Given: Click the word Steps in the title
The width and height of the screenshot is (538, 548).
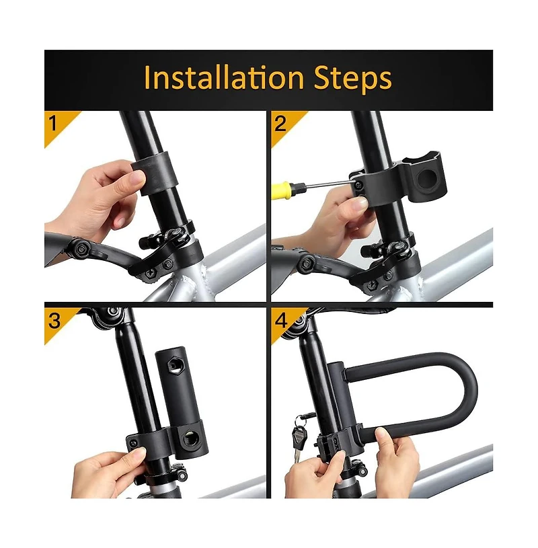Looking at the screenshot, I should (x=353, y=79).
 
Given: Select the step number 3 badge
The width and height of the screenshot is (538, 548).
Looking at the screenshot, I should (x=54, y=320).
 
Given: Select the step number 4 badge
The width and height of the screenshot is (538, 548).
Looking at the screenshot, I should (x=280, y=320).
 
